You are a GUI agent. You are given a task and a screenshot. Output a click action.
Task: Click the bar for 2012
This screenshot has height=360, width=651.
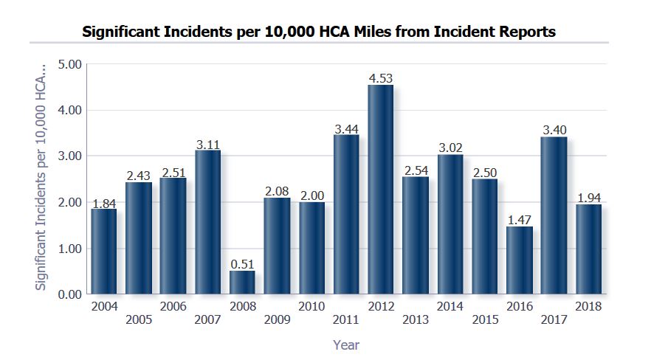(x=380, y=190)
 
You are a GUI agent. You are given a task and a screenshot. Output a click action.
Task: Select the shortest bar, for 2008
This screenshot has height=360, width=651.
(x=242, y=283)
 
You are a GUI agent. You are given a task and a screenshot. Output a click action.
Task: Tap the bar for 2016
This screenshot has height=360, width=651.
(x=520, y=260)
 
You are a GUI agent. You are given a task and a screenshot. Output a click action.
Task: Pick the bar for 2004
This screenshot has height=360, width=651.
(x=103, y=251)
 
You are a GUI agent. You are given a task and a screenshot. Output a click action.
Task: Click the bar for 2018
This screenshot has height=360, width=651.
(x=589, y=249)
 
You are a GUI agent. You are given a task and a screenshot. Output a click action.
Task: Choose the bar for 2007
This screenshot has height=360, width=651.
(x=207, y=221)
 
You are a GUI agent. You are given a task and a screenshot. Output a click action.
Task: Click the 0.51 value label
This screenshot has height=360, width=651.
(x=242, y=264)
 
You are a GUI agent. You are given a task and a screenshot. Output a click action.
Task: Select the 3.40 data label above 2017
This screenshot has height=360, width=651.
(x=554, y=131)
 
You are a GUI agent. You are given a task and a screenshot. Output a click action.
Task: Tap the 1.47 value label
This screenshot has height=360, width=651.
(x=520, y=220)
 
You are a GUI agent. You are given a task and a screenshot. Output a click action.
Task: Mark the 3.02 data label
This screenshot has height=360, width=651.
(x=449, y=148)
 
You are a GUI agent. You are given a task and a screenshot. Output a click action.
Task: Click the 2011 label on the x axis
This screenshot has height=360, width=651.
(x=346, y=319)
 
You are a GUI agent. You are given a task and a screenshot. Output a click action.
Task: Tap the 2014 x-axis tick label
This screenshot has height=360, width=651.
(x=449, y=306)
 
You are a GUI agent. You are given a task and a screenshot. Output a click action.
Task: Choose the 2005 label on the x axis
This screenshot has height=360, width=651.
(x=138, y=319)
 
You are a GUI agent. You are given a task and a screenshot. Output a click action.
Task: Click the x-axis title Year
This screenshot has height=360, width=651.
(x=346, y=345)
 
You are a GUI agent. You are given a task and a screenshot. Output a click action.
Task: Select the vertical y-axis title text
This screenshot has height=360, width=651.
(x=42, y=176)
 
